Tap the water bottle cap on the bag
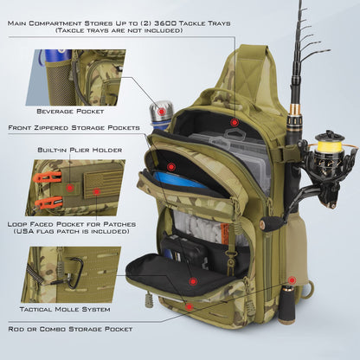coord(161,112)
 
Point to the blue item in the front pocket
coord(187,181)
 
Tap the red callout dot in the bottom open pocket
coord(192,280)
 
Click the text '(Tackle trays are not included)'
coord(119,30)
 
